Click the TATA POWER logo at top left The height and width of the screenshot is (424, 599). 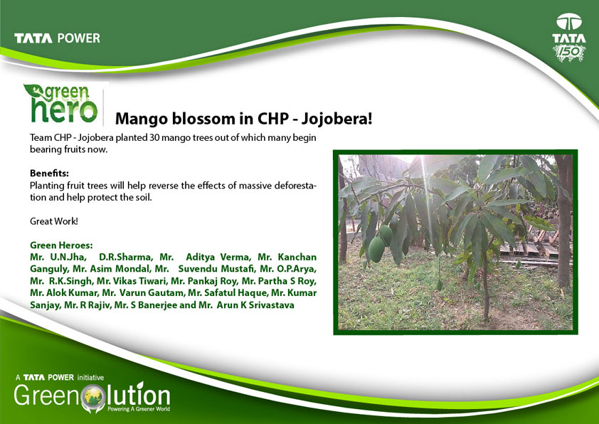[x=58, y=38]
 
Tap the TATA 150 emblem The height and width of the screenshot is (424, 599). [x=569, y=38]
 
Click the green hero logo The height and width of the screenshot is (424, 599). [x=60, y=104]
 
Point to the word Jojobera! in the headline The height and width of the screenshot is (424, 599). [x=336, y=119]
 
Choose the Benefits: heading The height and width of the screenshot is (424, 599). [x=49, y=173]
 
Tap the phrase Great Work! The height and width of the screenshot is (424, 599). [x=54, y=221]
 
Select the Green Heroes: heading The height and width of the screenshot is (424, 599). [x=61, y=245]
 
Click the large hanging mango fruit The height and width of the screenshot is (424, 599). [x=376, y=249]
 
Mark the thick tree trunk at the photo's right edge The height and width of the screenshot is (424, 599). [x=564, y=221]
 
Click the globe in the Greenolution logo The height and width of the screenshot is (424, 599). [x=95, y=397]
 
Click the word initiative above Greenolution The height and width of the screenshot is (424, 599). [x=90, y=378]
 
